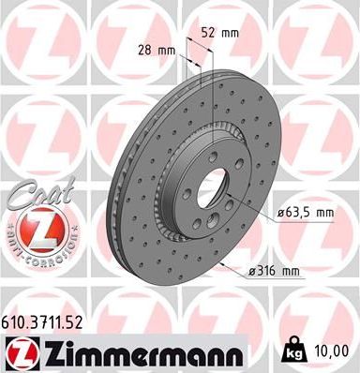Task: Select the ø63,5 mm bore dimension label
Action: click(306, 213)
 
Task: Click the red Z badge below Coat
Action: click(41, 228)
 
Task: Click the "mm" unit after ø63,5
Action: click(323, 213)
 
